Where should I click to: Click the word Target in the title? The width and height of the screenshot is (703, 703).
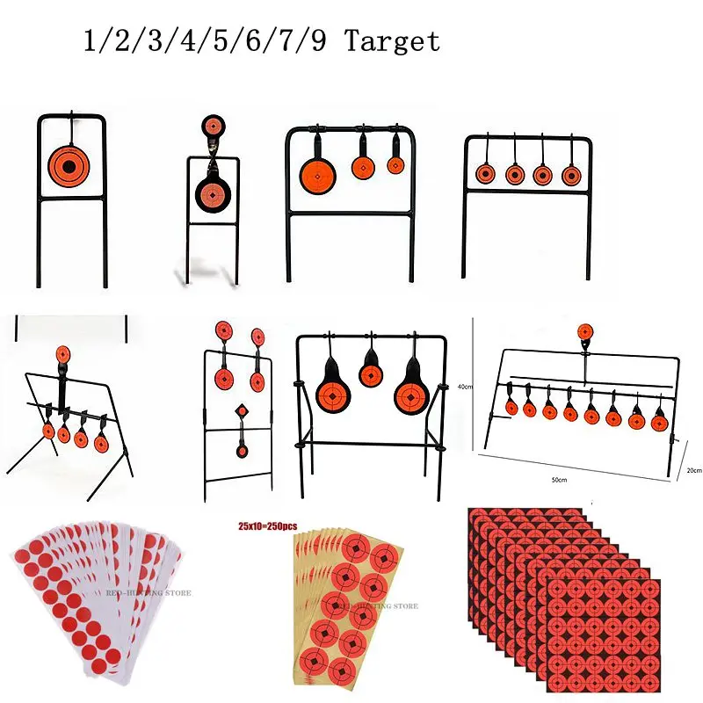pos(393,41)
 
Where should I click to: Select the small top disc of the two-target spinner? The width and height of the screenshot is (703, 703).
pos(214,125)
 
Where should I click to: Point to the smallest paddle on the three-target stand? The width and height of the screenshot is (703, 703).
pos(395,164)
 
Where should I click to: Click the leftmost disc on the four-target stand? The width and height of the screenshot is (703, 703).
pos(483,174)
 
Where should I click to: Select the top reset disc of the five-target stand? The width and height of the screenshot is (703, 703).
pos(62,354)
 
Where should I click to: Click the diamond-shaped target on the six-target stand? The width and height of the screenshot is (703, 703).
pos(241,412)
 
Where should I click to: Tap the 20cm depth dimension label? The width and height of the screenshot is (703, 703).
pos(693,470)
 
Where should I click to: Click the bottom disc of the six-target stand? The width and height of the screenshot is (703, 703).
pos(241,450)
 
